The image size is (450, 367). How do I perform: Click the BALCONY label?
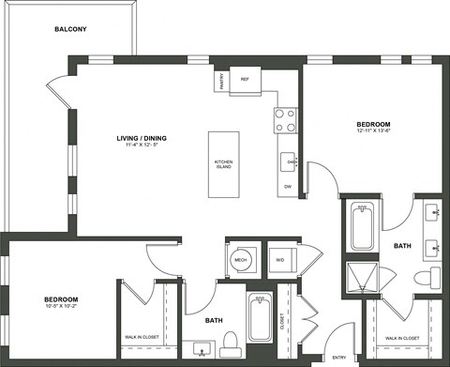point(70,29)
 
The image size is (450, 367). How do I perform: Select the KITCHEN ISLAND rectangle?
point(224,164)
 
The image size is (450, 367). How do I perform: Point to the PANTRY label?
point(222,82)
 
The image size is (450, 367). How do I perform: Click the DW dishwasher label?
point(287,186)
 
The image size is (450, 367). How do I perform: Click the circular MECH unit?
point(241,260)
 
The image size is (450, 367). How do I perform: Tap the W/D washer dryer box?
point(279,260)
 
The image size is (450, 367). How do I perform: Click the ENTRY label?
point(338,357)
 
